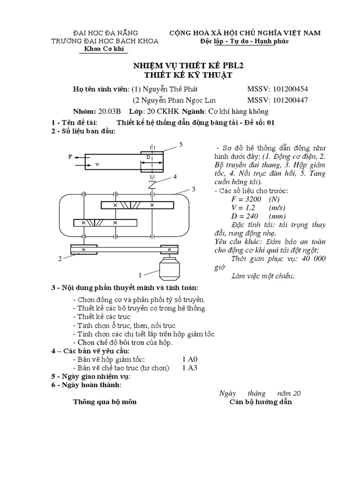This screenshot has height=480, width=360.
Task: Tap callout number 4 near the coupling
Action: [x=174, y=177]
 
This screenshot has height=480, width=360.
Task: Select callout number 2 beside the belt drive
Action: [x=60, y=258]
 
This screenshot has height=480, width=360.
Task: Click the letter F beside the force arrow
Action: [x=70, y=157]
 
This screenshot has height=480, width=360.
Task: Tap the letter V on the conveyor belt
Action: [x=97, y=165]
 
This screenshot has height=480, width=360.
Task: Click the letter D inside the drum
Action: [x=148, y=157]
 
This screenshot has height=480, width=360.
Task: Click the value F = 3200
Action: [x=251, y=199]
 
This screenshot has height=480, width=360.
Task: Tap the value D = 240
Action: [x=250, y=216]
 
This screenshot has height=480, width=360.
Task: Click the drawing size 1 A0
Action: [x=190, y=359]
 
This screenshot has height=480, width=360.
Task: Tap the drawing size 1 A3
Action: [x=190, y=367]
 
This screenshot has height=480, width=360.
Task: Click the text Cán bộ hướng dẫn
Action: [x=260, y=403]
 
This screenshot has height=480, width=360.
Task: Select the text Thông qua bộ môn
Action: [x=105, y=403]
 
